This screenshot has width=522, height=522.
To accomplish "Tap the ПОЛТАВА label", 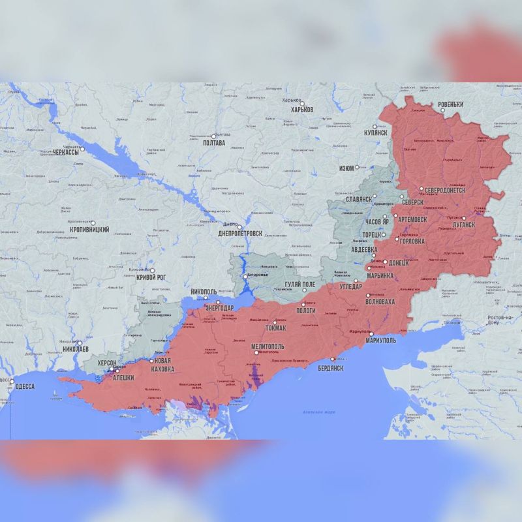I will click(214, 143).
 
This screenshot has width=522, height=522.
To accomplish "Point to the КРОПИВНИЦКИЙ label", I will click(89, 230).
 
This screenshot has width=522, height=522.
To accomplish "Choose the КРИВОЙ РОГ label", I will click(151, 278).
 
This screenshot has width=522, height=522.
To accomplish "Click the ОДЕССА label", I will click(23, 386).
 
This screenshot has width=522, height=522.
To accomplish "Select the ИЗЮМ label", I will click(346, 168).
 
